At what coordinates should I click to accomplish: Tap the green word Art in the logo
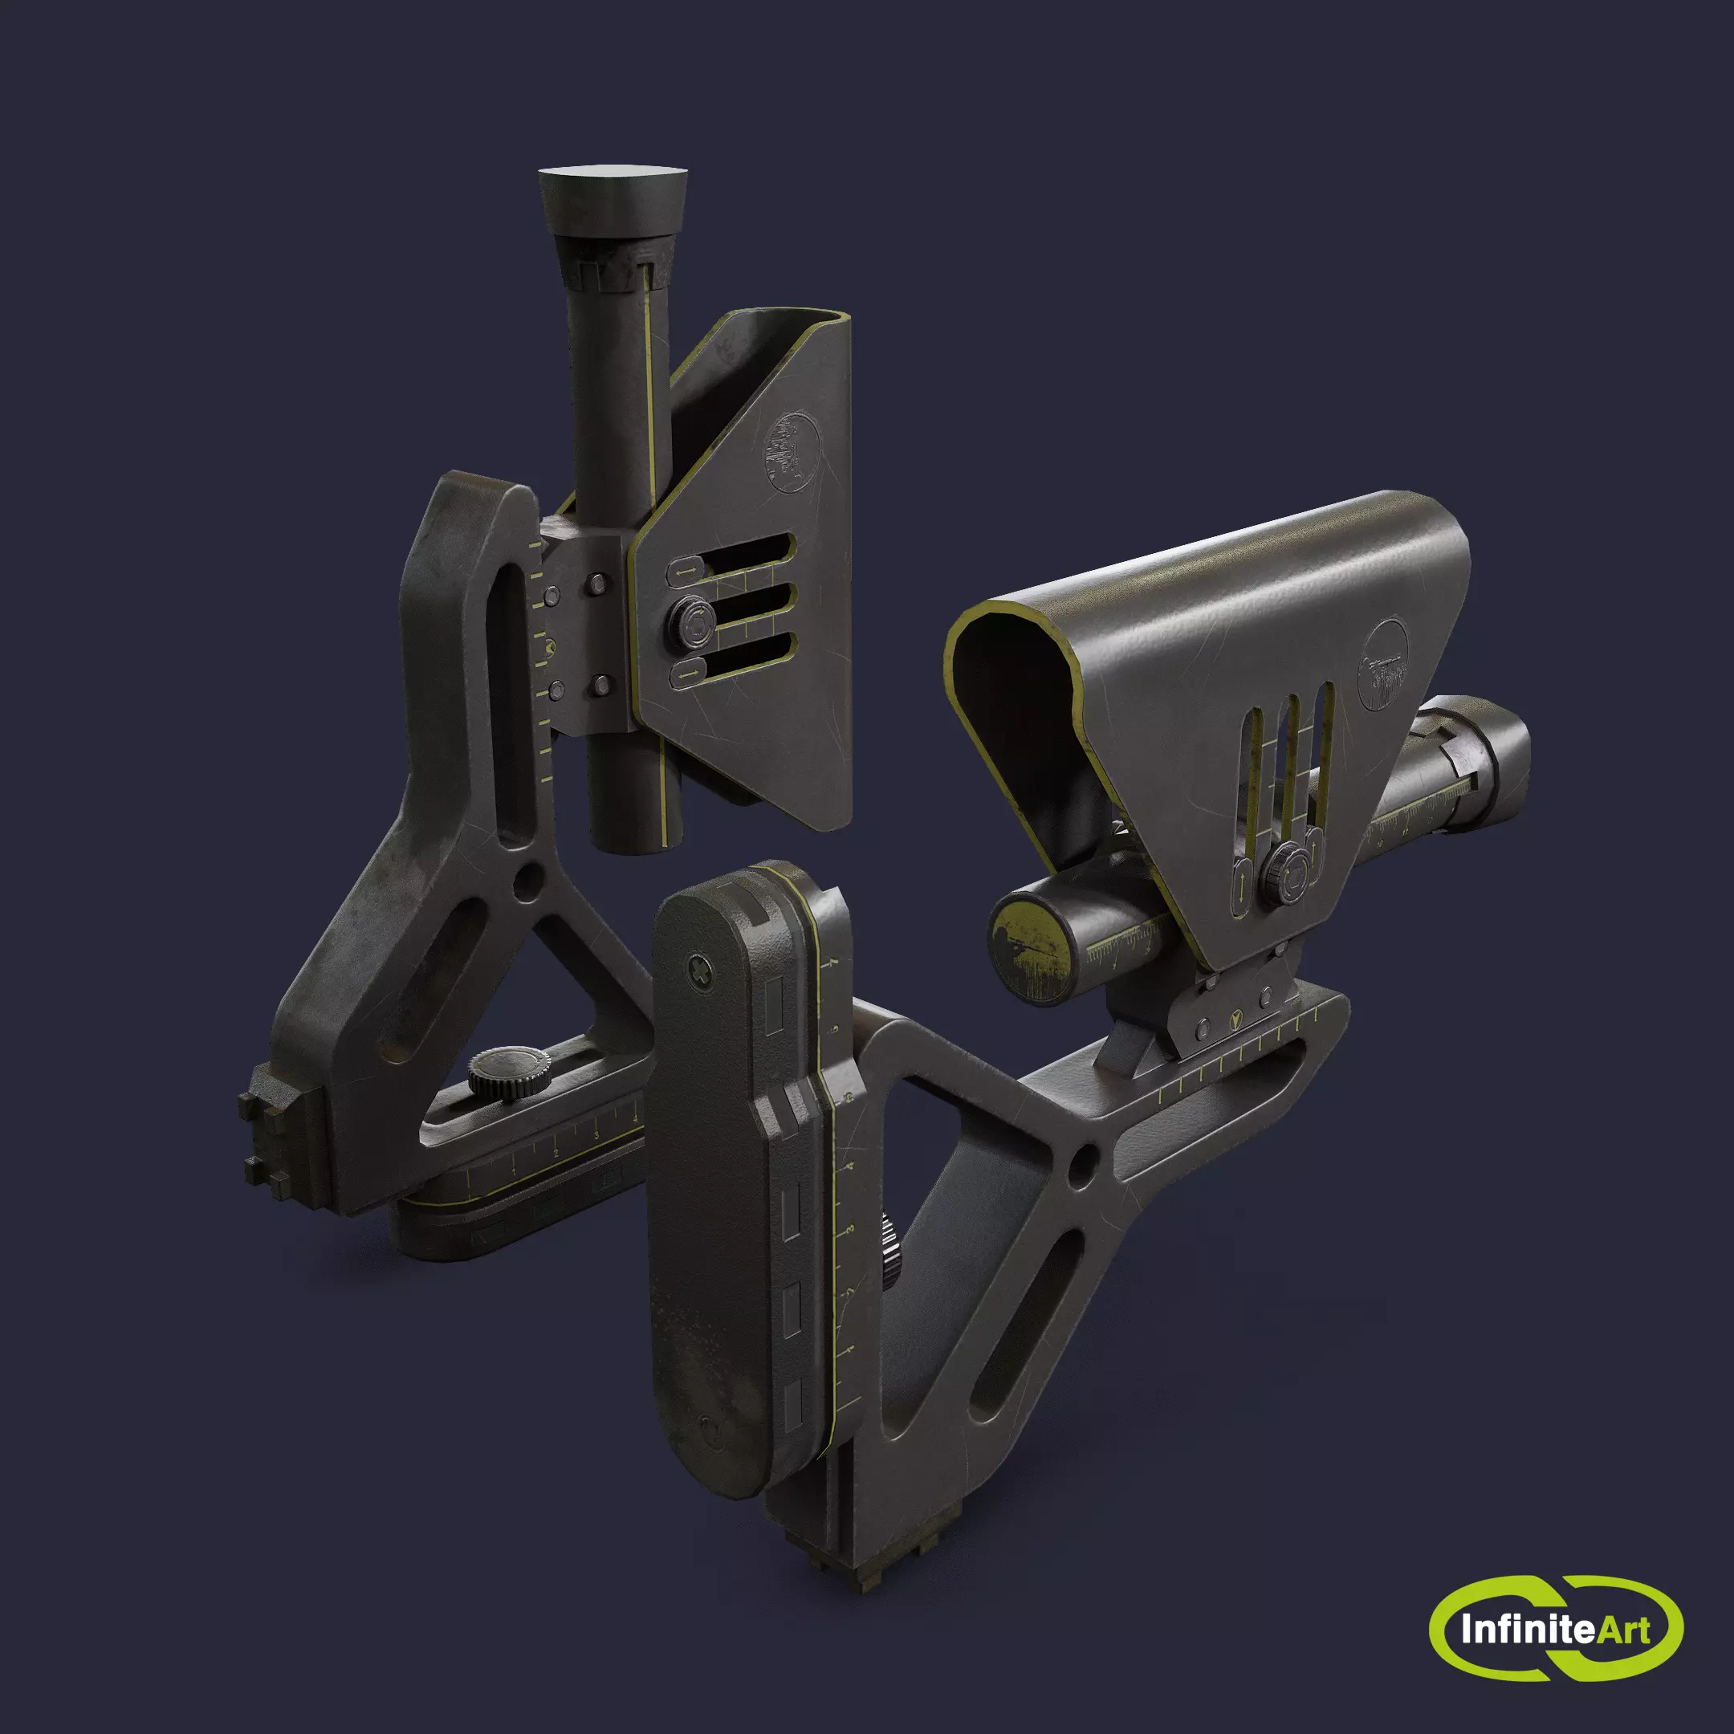click(x=1622, y=1628)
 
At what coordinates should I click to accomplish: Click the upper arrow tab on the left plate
click(x=686, y=570)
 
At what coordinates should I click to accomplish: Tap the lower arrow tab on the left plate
click(x=686, y=674)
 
